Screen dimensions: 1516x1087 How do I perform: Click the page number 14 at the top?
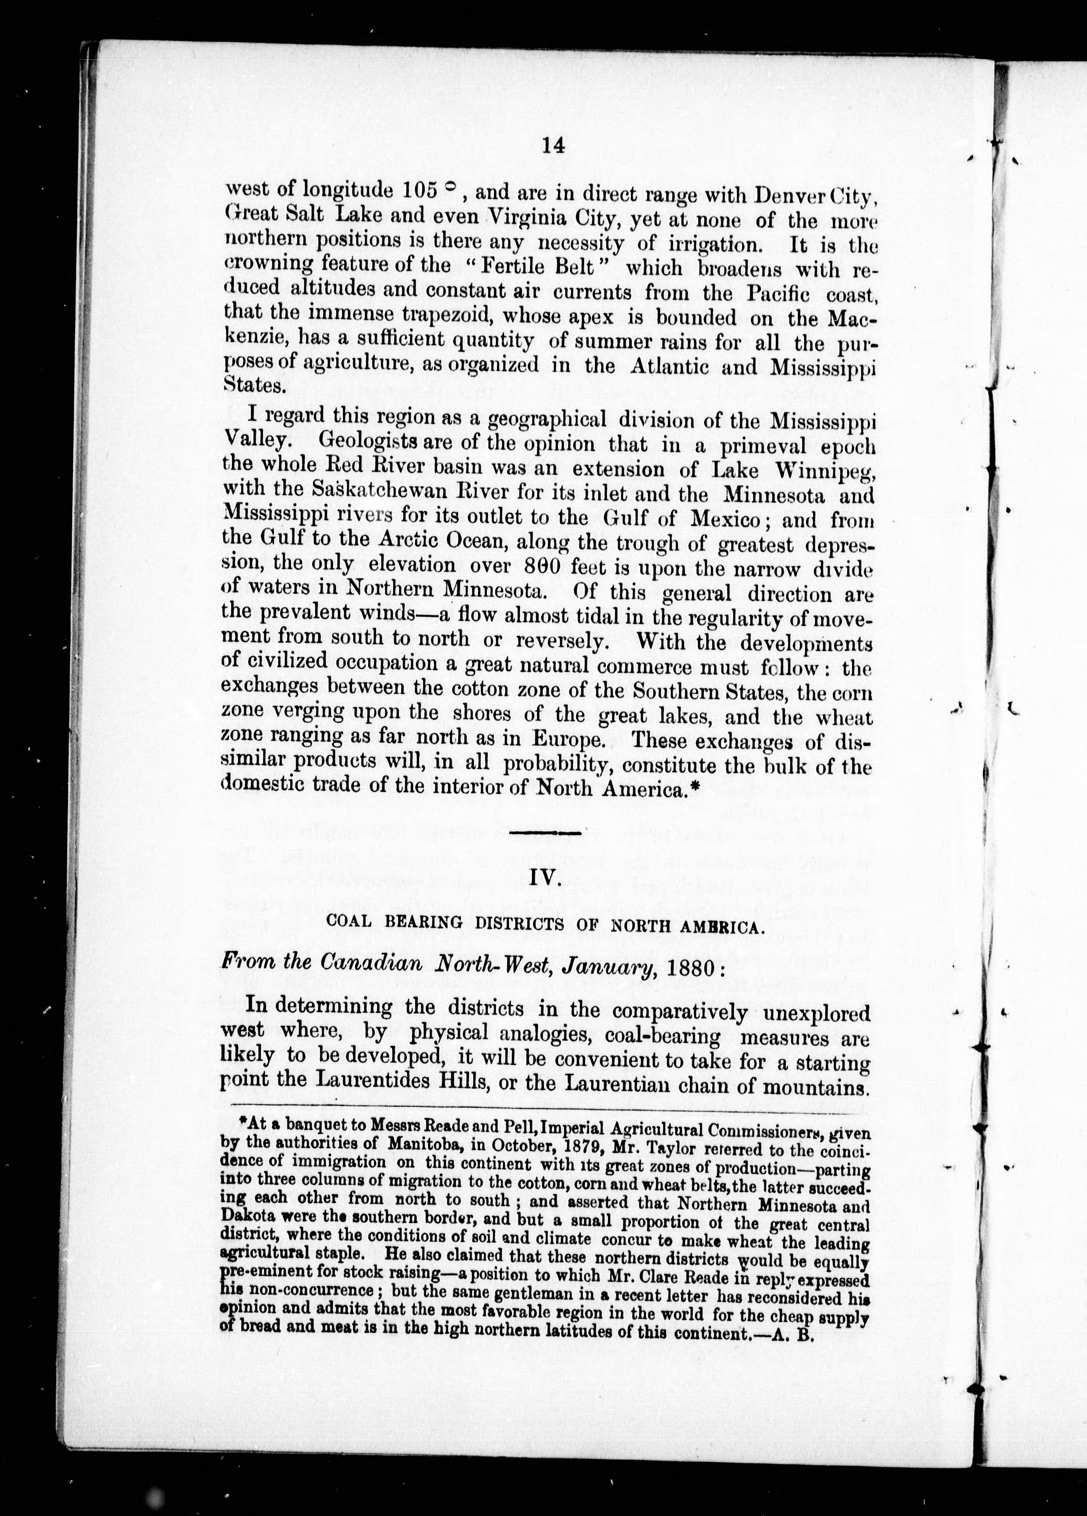pos(554,145)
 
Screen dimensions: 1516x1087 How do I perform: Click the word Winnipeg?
pos(822,472)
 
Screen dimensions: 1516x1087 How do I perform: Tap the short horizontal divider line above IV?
pos(545,833)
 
